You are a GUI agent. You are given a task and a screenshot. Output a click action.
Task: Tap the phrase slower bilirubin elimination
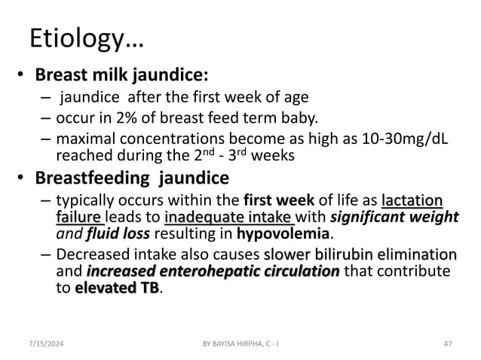(360, 255)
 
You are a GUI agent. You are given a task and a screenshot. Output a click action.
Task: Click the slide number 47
(448, 343)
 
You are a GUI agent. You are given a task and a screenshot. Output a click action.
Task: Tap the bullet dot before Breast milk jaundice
(23, 76)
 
